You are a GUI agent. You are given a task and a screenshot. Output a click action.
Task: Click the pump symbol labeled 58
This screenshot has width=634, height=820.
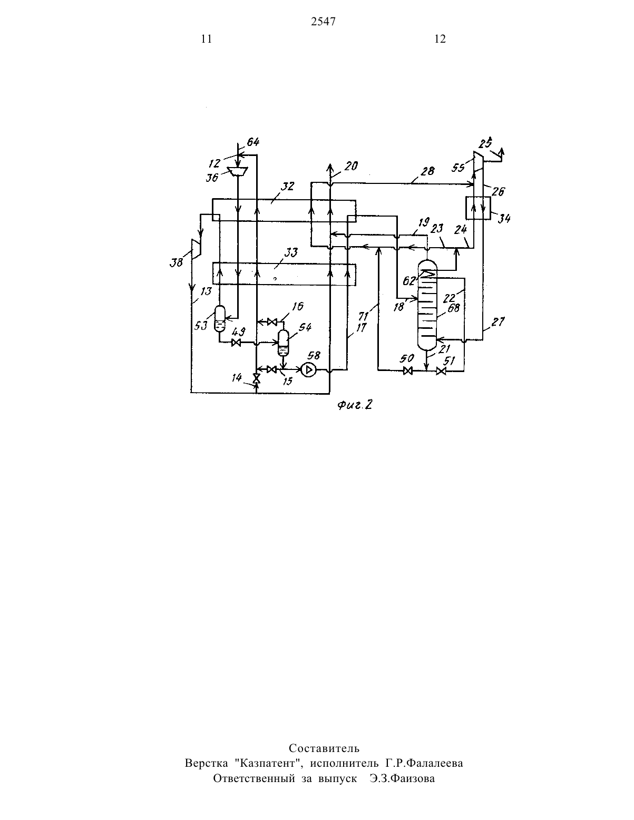pos(309,370)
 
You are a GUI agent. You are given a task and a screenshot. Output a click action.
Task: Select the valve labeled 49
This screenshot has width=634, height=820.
pos(237,343)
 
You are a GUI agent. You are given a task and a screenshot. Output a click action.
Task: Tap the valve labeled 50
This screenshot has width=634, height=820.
pos(407,371)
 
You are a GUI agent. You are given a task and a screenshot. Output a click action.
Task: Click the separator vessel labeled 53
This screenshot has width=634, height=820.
pos(219,318)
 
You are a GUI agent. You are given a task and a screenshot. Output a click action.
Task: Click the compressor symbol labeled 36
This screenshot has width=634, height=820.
pos(238,172)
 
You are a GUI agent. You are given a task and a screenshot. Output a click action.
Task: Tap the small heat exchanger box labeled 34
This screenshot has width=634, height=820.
pos(478,208)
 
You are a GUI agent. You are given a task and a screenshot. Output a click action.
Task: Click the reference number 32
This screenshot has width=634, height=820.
pos(287,187)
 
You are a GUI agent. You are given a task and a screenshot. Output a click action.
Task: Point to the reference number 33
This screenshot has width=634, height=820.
pos(290,252)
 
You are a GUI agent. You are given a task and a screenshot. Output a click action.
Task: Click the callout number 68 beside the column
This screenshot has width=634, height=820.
pos(453,308)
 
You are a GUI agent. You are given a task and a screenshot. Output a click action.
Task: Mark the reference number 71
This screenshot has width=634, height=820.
pos(364,316)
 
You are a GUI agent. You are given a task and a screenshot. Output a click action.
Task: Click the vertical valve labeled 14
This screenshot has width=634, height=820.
pos(256,378)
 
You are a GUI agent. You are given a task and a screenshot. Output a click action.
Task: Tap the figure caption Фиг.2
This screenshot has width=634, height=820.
pos(354,405)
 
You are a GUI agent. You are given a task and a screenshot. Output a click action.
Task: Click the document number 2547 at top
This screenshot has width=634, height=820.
pos(323,22)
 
